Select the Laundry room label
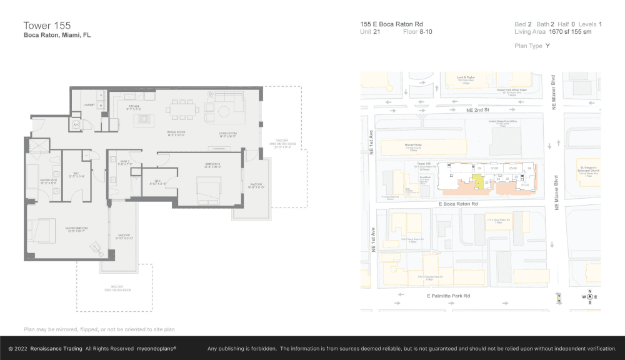coord(89,104)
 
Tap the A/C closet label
coord(76,124)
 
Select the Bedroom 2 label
coord(212,166)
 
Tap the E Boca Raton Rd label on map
coord(459,204)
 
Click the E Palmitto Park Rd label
coord(448,296)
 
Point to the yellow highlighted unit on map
coord(477,182)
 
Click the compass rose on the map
coord(589,297)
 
